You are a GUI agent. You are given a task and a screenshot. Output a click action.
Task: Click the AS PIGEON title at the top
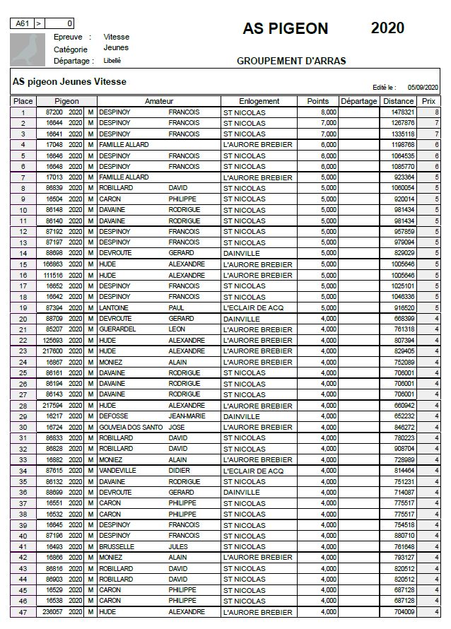pyautogui.click(x=285, y=28)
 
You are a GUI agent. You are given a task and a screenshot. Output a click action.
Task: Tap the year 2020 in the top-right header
pyautogui.click(x=387, y=28)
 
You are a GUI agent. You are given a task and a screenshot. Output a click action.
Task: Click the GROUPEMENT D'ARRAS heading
pyautogui.click(x=291, y=61)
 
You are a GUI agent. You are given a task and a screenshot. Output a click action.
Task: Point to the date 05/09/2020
pyautogui.click(x=423, y=87)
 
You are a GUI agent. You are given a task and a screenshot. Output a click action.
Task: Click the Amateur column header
pyautogui.click(x=158, y=101)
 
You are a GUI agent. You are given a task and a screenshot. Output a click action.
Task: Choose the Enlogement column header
pyautogui.click(x=259, y=101)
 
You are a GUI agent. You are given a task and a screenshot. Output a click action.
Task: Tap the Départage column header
pyautogui.click(x=358, y=101)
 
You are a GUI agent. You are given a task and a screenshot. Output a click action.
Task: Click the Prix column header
pyautogui.click(x=428, y=101)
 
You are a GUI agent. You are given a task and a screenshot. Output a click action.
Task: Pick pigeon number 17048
pyautogui.click(x=54, y=145)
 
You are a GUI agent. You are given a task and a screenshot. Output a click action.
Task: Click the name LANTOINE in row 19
pyautogui.click(x=114, y=308)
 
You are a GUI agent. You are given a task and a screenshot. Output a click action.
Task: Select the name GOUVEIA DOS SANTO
pyautogui.click(x=127, y=428)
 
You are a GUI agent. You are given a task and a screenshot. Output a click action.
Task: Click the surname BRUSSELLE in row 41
pyautogui.click(x=116, y=547)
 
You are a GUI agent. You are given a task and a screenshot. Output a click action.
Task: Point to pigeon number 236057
pyautogui.click(x=53, y=612)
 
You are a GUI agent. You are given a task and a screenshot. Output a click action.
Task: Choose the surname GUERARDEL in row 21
pyautogui.click(x=117, y=329)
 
